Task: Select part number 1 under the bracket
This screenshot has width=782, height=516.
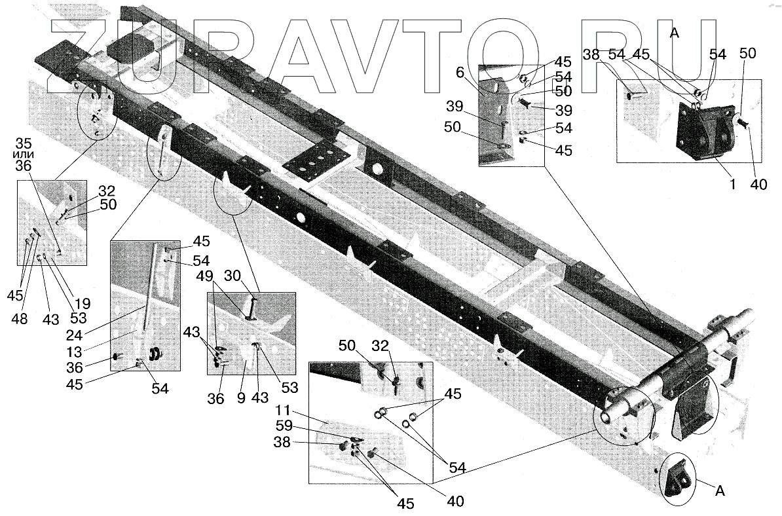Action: coord(732,184)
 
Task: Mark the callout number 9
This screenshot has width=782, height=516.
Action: coord(242,396)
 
